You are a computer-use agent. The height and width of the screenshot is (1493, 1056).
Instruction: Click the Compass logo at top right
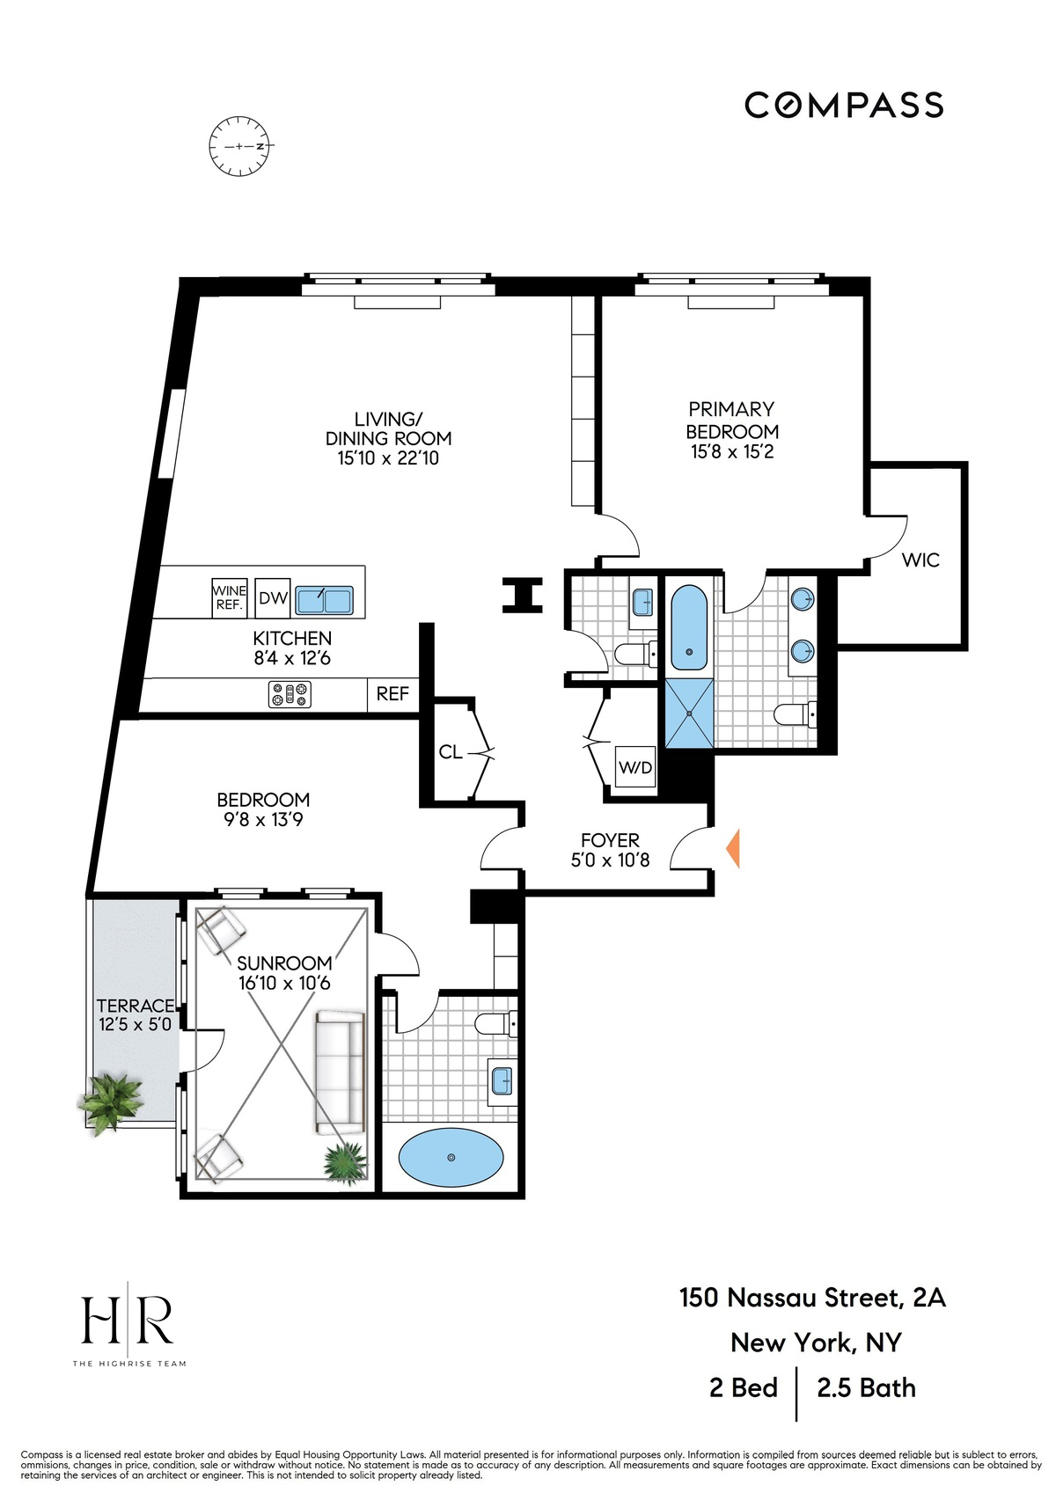(844, 105)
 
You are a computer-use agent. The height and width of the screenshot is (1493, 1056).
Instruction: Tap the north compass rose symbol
(241, 145)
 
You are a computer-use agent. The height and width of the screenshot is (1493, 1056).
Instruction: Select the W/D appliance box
(635, 768)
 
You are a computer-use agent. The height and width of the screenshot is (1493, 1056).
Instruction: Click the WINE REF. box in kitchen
(230, 598)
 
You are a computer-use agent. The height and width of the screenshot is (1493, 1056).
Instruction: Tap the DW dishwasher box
(273, 599)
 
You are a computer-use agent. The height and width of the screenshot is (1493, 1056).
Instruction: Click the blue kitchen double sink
(324, 600)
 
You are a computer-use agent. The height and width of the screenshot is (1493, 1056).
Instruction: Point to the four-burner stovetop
(290, 695)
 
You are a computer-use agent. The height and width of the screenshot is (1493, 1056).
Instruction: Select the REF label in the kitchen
(392, 694)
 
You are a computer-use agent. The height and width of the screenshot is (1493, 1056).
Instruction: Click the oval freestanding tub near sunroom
(451, 1158)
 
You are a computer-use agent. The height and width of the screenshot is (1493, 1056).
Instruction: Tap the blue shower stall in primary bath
(690, 714)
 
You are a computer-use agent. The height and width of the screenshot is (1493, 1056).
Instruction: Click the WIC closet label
(920, 560)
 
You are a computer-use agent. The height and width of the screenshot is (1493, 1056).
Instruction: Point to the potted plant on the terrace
(110, 1100)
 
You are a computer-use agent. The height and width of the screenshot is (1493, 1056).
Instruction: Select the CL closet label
(451, 752)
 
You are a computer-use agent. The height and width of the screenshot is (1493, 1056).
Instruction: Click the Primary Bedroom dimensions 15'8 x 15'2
(731, 452)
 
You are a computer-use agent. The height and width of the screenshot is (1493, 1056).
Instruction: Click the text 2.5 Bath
(866, 1388)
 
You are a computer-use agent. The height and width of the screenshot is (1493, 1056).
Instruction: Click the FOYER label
(610, 840)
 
